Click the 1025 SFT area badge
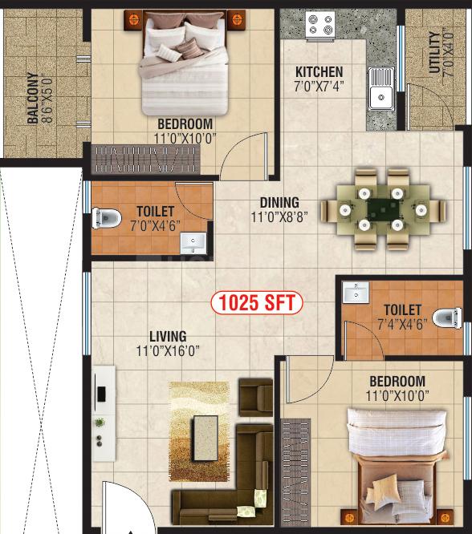coord(257,302)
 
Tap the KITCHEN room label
coord(319,72)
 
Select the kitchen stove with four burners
coord(320,25)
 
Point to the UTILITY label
coord(434,52)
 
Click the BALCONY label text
coord(33,98)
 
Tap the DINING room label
coord(279,203)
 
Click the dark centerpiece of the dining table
coord(384,210)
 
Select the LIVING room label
coord(168,337)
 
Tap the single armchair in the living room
coord(256,397)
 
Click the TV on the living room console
coord(101,394)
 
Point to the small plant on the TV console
coord(100,423)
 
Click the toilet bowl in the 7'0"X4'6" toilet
coord(107,218)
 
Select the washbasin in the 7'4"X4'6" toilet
coord(356,292)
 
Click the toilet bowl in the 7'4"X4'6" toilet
coord(447,318)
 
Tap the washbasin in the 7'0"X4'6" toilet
coord(193,243)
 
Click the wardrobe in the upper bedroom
coord(145,160)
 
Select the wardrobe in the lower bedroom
coord(295,472)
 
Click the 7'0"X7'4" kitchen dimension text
coord(319,86)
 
